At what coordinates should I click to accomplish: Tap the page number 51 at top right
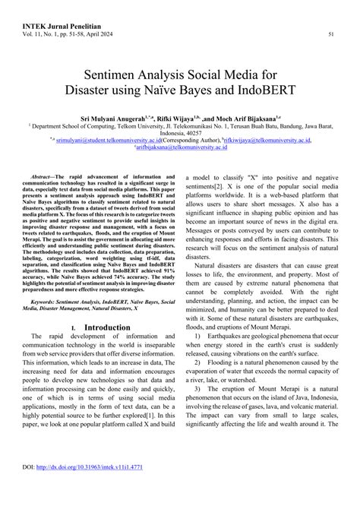[x=331, y=34]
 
